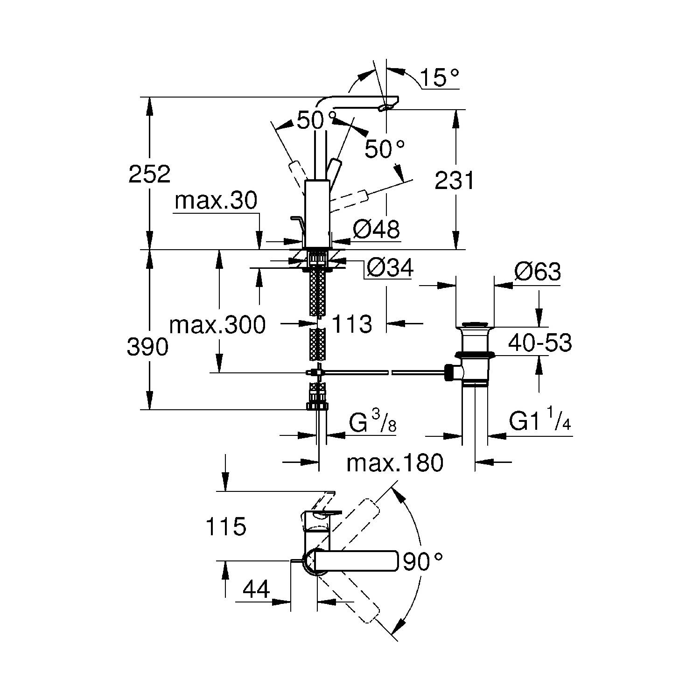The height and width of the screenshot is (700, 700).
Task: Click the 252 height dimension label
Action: tap(149, 175)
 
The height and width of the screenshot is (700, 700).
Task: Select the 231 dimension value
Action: tap(454, 180)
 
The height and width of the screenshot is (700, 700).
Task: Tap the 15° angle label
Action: tap(439, 77)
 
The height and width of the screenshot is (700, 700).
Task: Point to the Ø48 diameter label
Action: tap(376, 230)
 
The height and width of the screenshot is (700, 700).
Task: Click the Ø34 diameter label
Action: tap(390, 268)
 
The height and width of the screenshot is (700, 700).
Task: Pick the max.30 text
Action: tap(216, 201)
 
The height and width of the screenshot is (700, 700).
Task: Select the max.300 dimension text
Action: tap(217, 324)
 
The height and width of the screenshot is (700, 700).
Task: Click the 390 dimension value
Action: tap(147, 347)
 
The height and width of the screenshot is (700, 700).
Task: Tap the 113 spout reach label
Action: tap(351, 324)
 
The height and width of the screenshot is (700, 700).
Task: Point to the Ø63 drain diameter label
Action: tap(537, 272)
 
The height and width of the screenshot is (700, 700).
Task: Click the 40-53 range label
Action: tap(539, 343)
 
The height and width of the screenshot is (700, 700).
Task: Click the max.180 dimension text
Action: tap(394, 463)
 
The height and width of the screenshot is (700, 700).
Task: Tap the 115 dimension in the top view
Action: tap(225, 527)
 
